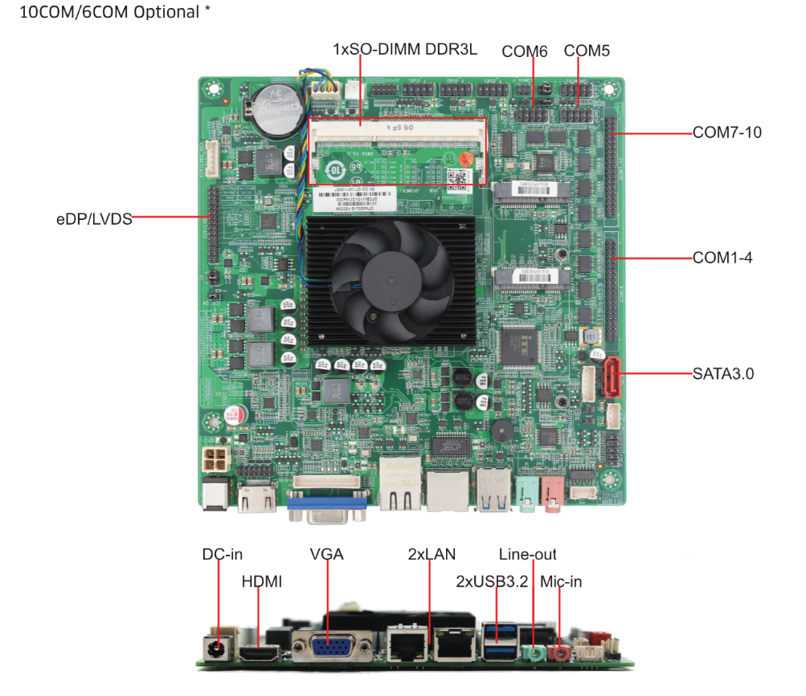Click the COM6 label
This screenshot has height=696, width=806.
pyautogui.click(x=524, y=51)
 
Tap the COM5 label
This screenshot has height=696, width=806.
pyautogui.click(x=587, y=51)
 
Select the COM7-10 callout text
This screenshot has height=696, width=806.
pyautogui.click(x=726, y=132)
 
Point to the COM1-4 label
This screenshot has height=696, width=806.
pyautogui.click(x=722, y=258)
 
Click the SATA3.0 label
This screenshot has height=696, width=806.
pyautogui.click(x=722, y=373)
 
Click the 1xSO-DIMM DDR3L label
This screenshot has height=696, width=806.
pyautogui.click(x=405, y=49)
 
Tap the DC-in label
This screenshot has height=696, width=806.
pyautogui.click(x=222, y=554)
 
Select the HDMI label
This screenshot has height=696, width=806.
pyautogui.click(x=261, y=581)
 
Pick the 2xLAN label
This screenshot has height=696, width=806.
pyautogui.click(x=432, y=554)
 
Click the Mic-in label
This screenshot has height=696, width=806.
pyautogui.click(x=561, y=581)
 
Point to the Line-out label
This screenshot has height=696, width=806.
pyautogui.click(x=527, y=554)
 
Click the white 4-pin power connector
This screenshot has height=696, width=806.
pyautogui.click(x=215, y=462)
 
